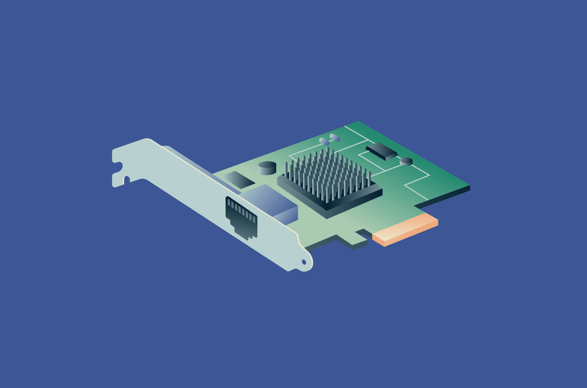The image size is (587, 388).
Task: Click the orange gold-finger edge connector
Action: pyautogui.click(x=405, y=230)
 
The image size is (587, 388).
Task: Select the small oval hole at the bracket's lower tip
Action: pyautogui.click(x=304, y=262)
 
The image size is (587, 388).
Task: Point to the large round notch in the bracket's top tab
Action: pyautogui.click(x=118, y=167)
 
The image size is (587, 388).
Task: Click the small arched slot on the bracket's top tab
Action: pyautogui.click(x=126, y=179)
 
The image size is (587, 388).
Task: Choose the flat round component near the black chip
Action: pyautogui.click(x=406, y=161)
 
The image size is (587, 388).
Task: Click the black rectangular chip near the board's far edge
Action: pyautogui.click(x=381, y=151)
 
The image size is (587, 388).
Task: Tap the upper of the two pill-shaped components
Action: pyautogui.click(x=335, y=137)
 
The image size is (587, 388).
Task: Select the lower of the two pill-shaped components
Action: pyautogui.click(x=324, y=141)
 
